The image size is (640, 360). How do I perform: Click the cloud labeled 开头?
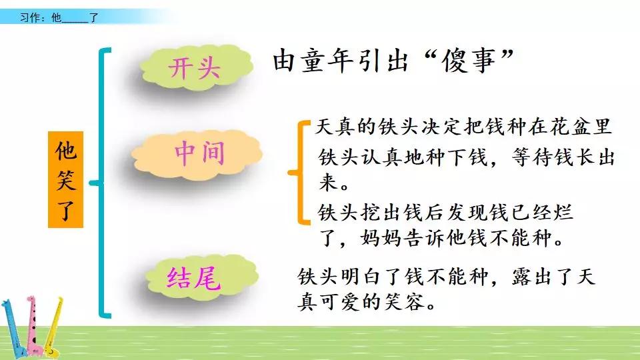(x=195, y=69)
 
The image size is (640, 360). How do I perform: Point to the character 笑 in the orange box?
(x=65, y=180)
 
